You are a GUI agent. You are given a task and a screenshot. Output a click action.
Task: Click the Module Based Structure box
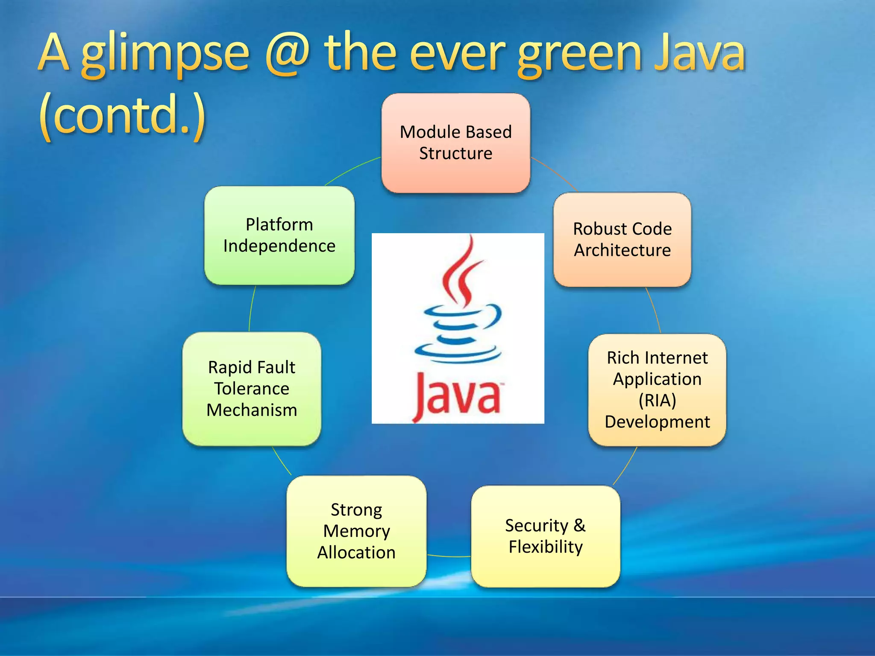pos(455,143)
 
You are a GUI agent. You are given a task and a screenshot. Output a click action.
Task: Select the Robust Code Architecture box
pos(622,240)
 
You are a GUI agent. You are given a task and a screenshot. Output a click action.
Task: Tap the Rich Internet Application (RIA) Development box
pos(657,389)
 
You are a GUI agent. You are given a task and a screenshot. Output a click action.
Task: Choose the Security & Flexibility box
pos(545,536)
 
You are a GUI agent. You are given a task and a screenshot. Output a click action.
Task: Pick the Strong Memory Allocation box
pos(356,531)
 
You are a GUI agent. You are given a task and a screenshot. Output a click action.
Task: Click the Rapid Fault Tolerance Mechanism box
pos(252,389)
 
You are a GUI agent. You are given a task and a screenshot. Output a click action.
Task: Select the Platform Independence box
pos(279,235)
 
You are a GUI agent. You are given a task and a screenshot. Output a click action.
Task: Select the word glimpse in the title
pos(165,55)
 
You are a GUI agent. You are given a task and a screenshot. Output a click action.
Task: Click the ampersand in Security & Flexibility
pos(579,525)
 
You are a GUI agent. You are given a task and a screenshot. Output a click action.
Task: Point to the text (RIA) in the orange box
pos(657,400)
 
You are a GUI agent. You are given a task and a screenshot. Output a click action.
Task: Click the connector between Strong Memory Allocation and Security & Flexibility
pos(449,556)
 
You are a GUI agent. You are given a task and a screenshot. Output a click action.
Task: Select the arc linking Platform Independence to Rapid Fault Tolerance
pos(251,307)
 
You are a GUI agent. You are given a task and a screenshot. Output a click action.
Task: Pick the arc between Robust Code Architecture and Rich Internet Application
pos(655,310)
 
